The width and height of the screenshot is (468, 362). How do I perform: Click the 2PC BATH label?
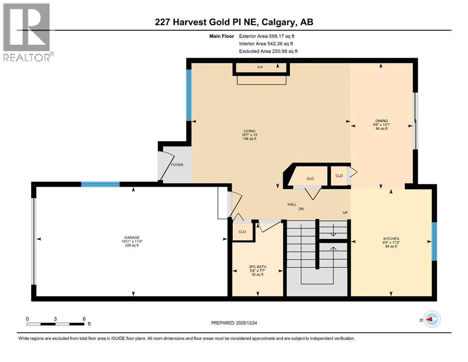[x=257, y=267]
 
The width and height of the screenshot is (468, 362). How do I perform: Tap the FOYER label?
[x=177, y=165]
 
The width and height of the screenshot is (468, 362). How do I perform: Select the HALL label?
[x=292, y=205]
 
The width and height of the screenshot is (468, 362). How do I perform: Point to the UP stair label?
[x=345, y=213]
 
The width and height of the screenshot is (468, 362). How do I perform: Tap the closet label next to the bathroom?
[x=242, y=231]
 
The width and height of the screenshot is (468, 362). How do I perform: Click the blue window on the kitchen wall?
[x=434, y=241]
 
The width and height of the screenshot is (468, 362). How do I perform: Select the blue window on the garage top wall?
[x=100, y=184]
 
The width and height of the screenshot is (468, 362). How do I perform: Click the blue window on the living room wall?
[x=189, y=95]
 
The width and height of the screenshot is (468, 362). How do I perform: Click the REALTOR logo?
[x=27, y=32]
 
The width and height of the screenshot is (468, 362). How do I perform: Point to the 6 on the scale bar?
[x=84, y=319]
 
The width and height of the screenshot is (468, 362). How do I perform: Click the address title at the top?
[x=234, y=22]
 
